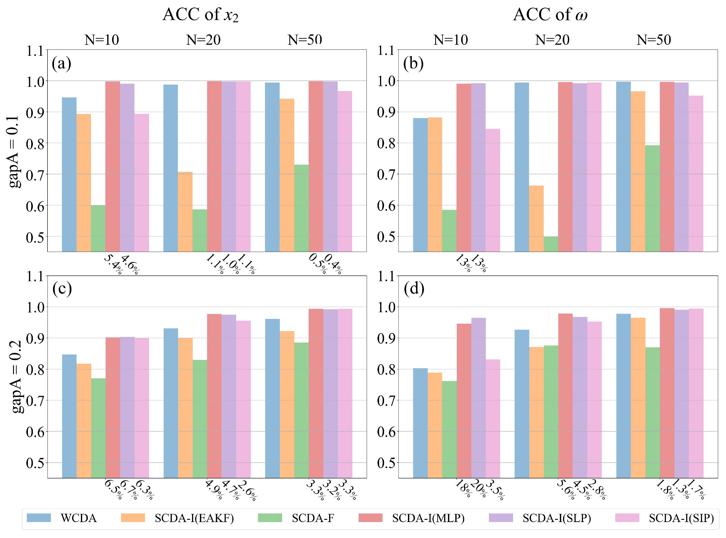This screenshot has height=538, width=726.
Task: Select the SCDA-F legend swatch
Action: click(270, 518)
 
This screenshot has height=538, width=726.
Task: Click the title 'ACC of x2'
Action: click(201, 15)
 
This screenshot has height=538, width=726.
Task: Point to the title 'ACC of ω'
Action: click(550, 15)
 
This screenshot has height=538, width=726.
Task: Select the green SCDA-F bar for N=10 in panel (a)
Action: click(98, 228)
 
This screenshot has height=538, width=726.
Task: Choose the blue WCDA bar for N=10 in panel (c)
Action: click(69, 416)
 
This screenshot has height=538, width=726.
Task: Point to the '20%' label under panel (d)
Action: click(478, 489)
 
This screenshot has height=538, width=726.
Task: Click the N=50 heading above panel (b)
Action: click(654, 40)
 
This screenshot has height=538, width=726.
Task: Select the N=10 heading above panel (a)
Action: click(102, 40)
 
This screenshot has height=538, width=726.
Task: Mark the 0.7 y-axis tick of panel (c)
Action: click(35, 401)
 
